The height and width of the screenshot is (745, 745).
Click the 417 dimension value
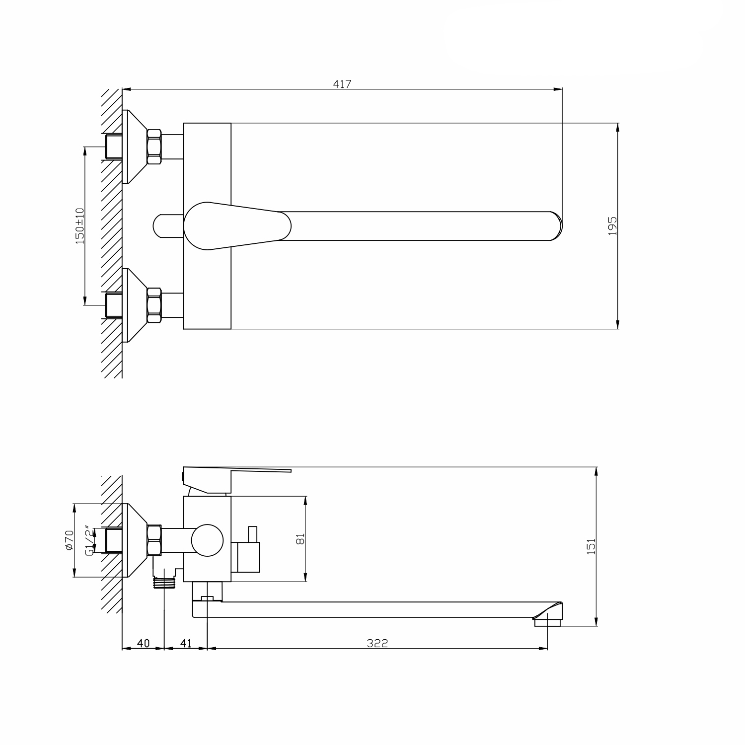click(x=342, y=84)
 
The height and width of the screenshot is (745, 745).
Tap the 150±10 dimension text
click(x=79, y=226)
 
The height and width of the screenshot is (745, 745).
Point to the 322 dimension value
click(x=377, y=643)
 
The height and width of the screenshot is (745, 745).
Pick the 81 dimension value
click(x=299, y=539)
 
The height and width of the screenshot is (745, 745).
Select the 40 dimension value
click(x=143, y=643)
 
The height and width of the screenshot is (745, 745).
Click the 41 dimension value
click(x=186, y=643)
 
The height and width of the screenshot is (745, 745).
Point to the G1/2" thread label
click(x=89, y=540)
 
